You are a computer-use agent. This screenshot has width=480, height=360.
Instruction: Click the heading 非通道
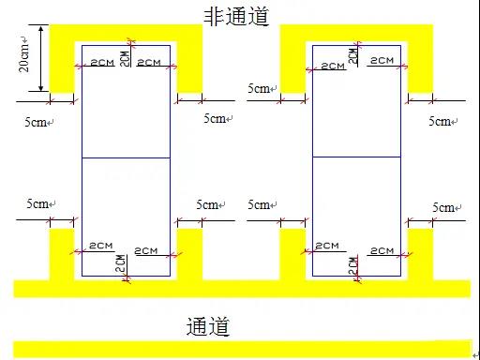tap(236, 16)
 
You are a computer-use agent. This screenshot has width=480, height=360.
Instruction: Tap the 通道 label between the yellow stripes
tap(208, 326)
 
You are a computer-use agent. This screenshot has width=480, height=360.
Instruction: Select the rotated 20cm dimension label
tap(24, 54)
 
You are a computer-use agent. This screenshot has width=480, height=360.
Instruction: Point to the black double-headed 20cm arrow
tap(41, 58)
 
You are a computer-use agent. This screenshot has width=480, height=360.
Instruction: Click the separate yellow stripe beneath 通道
tap(242, 349)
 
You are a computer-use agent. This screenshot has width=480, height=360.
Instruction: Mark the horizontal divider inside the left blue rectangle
tap(126, 157)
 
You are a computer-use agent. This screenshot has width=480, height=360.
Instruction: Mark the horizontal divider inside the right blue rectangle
tap(356, 157)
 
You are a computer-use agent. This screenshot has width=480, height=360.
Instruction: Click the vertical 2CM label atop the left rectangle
tap(125, 58)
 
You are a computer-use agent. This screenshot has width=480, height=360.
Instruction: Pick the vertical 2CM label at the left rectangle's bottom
tap(121, 263)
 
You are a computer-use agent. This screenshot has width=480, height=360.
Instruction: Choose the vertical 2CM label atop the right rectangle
tap(352, 55)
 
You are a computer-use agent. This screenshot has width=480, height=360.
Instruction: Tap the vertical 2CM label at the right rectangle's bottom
tap(353, 266)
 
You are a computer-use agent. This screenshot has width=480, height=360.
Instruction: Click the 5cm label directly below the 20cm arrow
tap(39, 122)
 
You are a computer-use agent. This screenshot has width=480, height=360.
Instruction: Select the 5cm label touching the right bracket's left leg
tap(262, 88)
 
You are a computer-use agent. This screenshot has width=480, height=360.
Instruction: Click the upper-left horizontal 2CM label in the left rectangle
tap(102, 63)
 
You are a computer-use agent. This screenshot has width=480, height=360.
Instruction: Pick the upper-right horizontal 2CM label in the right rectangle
tap(382, 60)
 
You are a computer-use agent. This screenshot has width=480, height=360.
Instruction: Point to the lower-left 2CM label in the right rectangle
tap(327, 246)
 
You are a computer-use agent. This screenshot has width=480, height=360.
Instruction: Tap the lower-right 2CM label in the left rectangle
tap(146, 251)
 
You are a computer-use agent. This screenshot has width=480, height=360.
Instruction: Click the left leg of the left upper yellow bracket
tap(62, 67)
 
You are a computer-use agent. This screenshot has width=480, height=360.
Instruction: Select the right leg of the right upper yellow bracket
tap(420, 67)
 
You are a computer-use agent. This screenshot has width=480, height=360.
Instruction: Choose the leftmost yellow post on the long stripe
tap(62, 255)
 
